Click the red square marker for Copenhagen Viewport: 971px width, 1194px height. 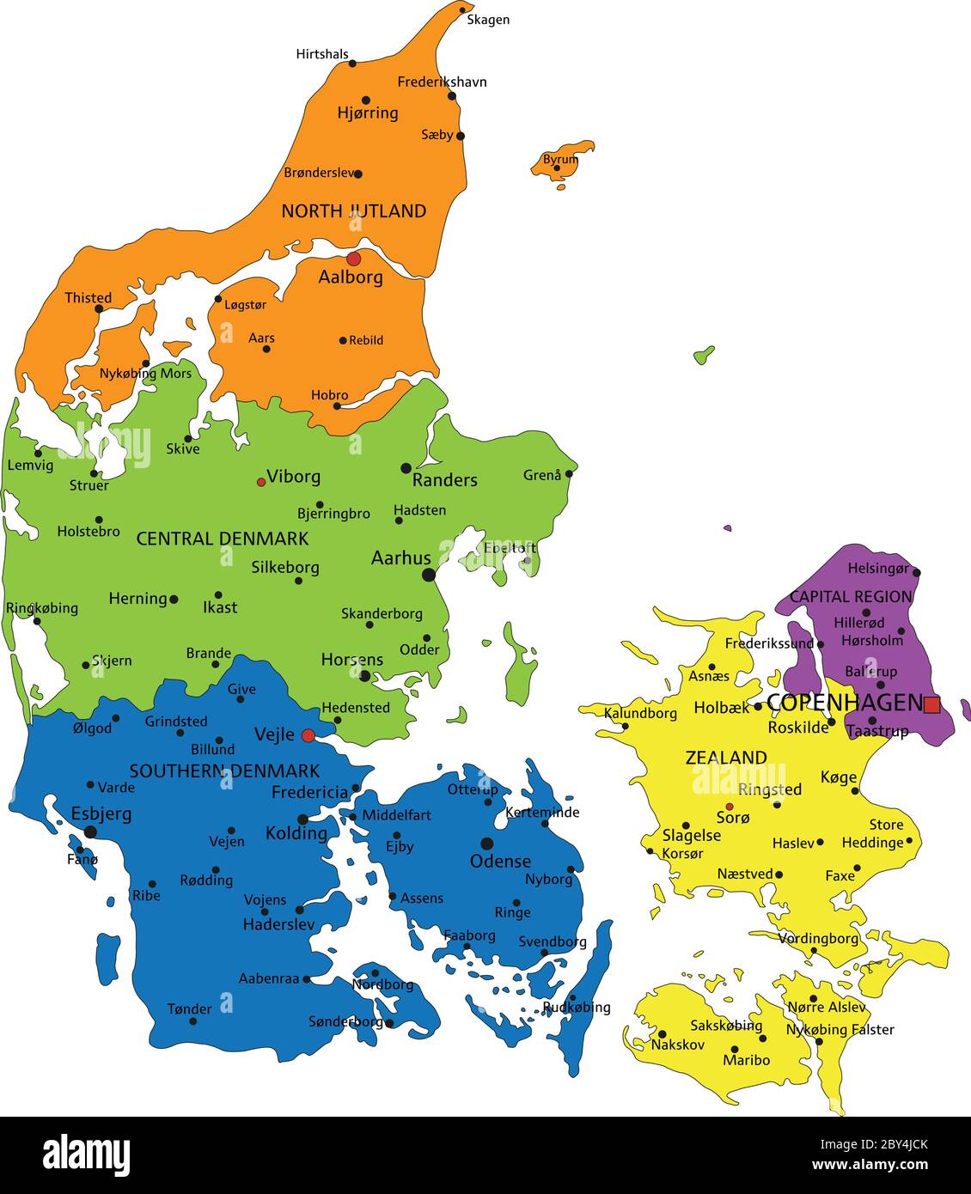931,704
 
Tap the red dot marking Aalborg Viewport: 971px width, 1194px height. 352,259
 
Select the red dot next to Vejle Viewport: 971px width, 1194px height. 308,735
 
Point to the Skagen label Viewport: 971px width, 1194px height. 488,20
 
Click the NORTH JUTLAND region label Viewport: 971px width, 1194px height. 354,210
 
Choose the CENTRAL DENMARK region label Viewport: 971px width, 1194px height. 223,539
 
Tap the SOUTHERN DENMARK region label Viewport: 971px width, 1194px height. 224,771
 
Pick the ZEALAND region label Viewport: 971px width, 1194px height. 726,757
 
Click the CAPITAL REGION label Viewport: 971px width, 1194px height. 851,596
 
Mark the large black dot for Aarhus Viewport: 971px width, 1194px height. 429,575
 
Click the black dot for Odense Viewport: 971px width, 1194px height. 487,844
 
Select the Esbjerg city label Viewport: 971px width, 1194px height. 101,813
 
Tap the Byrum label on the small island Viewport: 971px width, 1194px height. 560,160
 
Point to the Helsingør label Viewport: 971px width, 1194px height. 877,568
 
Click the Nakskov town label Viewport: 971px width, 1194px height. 678,1045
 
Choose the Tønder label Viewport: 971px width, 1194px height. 189,1008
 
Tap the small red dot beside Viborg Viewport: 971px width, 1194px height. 261,482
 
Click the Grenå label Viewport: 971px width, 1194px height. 542,474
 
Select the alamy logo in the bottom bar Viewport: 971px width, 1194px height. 87,1154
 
